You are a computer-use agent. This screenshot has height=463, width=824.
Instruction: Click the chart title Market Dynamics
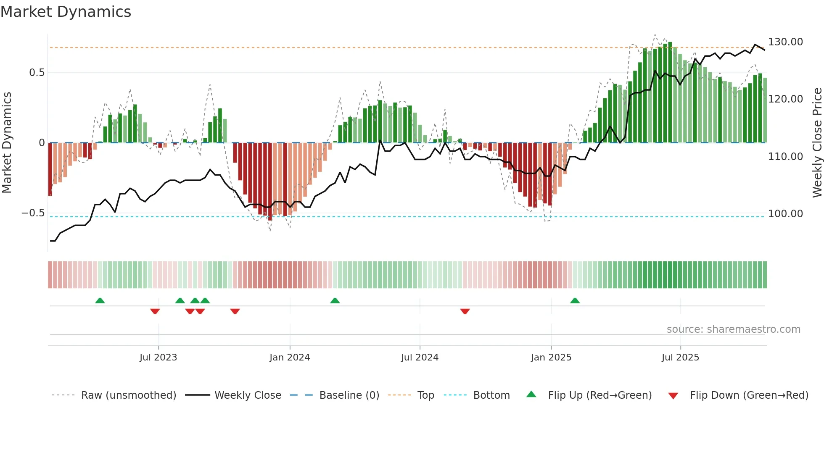point(66,12)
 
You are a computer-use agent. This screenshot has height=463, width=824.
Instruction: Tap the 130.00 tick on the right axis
point(785,42)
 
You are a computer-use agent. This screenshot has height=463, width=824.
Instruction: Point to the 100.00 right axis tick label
point(785,214)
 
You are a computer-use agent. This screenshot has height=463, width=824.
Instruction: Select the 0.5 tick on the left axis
point(37,73)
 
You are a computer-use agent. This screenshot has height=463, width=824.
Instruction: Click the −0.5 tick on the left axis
point(33,213)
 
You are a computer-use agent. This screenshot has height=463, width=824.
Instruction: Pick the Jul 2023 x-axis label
point(158,358)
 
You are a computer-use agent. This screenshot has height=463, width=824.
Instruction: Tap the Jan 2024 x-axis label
point(290,358)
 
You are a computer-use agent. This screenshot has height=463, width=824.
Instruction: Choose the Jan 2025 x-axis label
point(551,358)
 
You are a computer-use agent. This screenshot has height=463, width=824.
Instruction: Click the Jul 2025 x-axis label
point(680,358)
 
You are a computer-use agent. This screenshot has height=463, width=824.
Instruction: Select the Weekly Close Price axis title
point(817,143)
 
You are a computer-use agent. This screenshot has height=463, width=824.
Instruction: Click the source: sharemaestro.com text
point(733,329)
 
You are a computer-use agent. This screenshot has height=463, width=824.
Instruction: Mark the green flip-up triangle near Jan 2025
point(575,301)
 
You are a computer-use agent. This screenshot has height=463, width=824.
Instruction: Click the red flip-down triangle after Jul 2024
point(465,311)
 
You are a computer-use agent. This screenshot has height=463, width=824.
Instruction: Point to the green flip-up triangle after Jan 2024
point(335,301)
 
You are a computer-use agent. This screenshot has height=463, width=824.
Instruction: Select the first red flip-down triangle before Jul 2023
point(155,311)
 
